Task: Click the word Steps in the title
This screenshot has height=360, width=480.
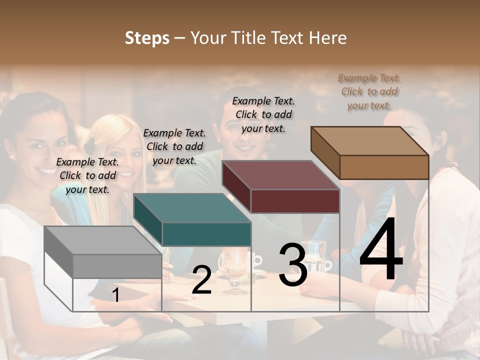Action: coord(147,38)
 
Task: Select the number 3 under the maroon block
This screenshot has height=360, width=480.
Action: coord(293,264)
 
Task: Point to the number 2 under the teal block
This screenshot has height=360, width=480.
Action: coord(201,280)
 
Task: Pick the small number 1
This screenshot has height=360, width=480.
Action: coord(115,295)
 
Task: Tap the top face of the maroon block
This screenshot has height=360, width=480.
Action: coord(280,175)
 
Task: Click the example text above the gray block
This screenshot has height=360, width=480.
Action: coord(87,175)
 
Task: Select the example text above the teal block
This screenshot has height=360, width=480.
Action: coord(174,146)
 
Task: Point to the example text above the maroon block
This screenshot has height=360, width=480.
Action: coord(263,114)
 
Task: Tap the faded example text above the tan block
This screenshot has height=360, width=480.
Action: coord(369,91)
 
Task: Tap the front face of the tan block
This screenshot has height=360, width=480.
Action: coord(384,167)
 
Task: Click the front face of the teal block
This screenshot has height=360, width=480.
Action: coord(206,234)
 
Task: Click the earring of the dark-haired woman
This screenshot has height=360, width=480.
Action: coord(11,157)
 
